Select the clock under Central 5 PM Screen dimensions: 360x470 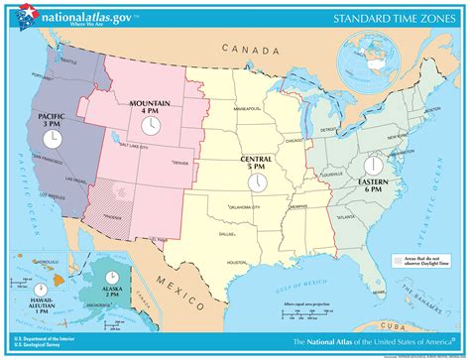(x=256, y=182)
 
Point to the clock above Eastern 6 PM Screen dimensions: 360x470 (x=374, y=165)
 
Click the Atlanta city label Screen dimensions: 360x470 (x=345, y=215)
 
